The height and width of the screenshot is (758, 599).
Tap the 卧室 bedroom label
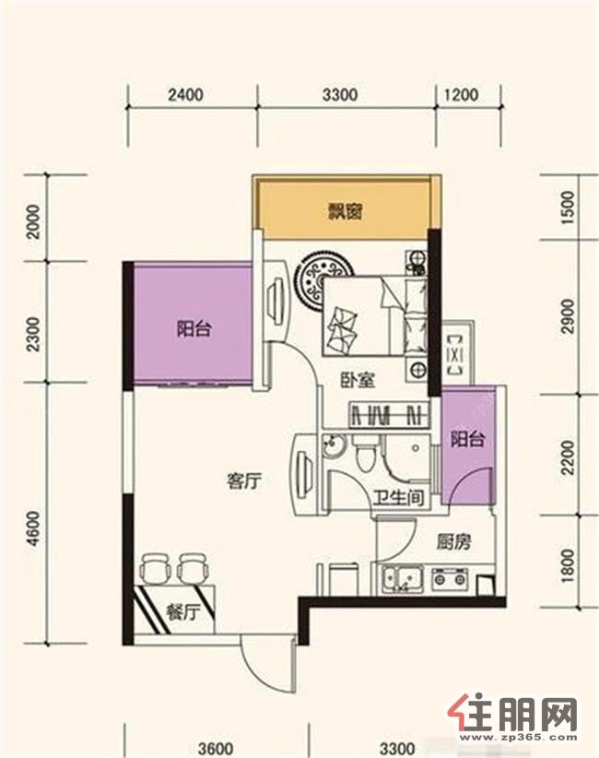click(x=358, y=381)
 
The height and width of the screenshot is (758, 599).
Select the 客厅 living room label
click(x=244, y=481)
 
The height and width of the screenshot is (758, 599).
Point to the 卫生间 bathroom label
click(x=401, y=497)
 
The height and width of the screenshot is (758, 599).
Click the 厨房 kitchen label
click(x=453, y=542)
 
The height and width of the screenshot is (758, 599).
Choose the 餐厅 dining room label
click(x=182, y=613)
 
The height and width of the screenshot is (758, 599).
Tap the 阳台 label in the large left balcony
click(x=194, y=330)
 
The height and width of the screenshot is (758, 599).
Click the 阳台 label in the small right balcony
click(x=467, y=440)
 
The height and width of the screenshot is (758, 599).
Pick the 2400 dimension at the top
click(x=185, y=95)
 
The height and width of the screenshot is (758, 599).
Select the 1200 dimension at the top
click(x=461, y=95)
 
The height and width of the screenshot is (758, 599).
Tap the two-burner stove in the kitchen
click(x=451, y=577)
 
